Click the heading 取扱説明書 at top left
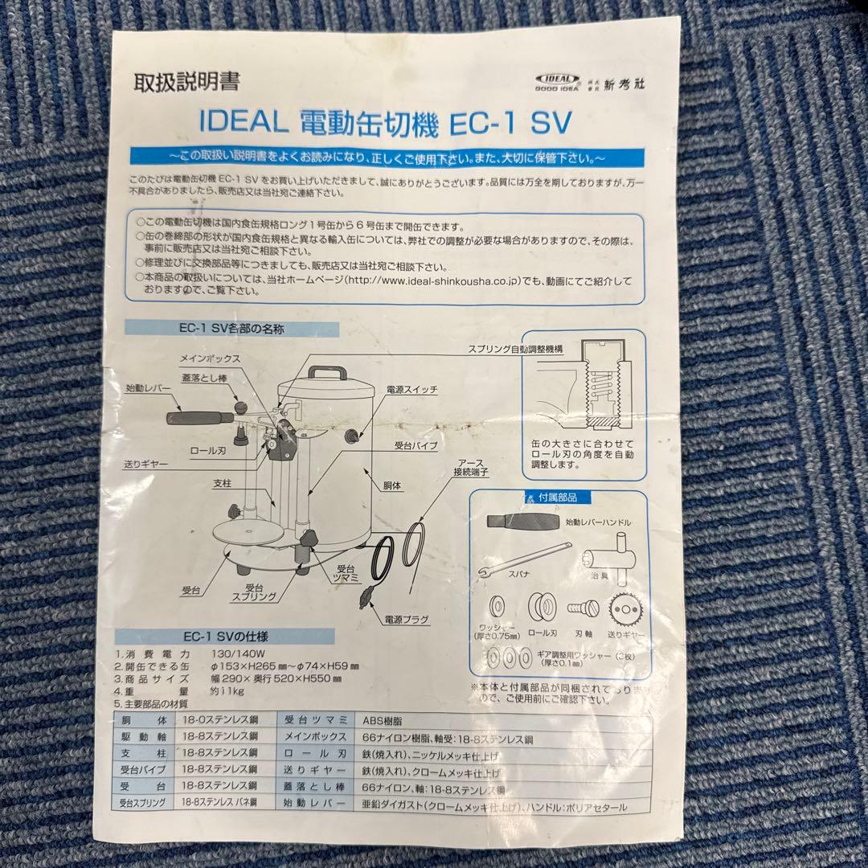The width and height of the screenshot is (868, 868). [186, 82]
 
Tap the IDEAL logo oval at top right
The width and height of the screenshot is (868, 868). [557, 79]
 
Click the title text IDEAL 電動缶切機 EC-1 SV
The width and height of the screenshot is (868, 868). [383, 122]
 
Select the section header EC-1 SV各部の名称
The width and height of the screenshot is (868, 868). [231, 329]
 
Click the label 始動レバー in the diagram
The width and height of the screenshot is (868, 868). [149, 388]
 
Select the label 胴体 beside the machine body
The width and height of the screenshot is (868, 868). [392, 486]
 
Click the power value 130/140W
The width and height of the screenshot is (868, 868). [237, 653]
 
